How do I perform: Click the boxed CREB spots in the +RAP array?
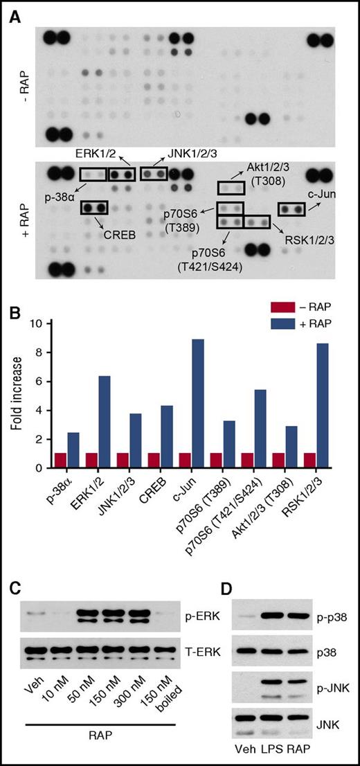pyautogui.click(x=94, y=207)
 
